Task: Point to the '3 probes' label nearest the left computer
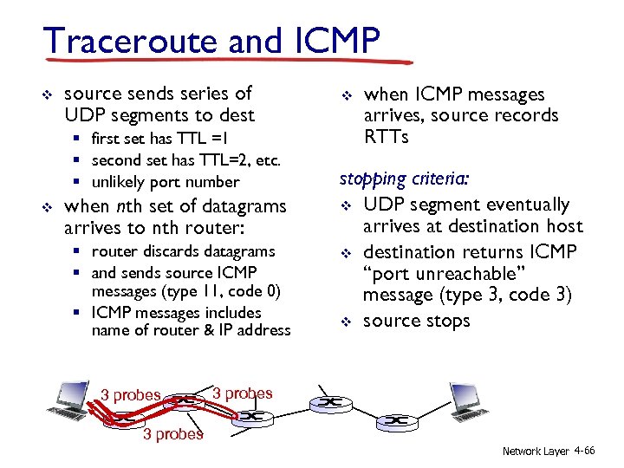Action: pos(131,395)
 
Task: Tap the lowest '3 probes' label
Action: pos(173,434)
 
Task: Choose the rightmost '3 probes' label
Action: pos(243,393)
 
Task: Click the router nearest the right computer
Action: pos(397,420)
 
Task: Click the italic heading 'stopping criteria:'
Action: pos(405,179)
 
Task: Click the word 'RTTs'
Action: pos(386,137)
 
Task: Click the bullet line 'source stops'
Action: pos(416,321)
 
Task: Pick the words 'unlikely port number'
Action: pos(165,182)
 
